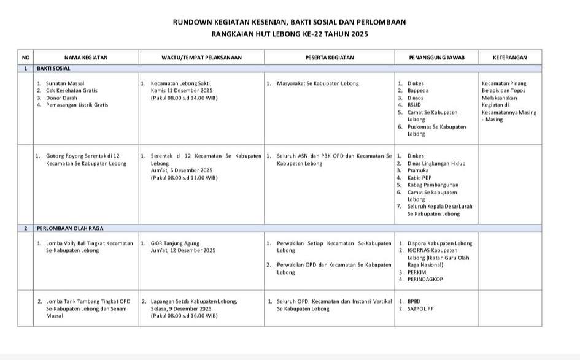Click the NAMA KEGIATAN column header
pyautogui.click(x=86, y=58)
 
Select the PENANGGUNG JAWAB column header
pyautogui.click(x=436, y=58)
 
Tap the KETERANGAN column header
pyautogui.click(x=509, y=58)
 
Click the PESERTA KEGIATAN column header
pyautogui.click(x=330, y=58)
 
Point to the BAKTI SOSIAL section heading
pyautogui.click(x=52, y=69)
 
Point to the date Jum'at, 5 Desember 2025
pyautogui.click(x=182, y=170)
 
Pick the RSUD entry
pyautogui.click(x=414, y=105)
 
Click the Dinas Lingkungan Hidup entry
pyautogui.click(x=436, y=163)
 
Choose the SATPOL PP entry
pyautogui.click(x=420, y=308)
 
